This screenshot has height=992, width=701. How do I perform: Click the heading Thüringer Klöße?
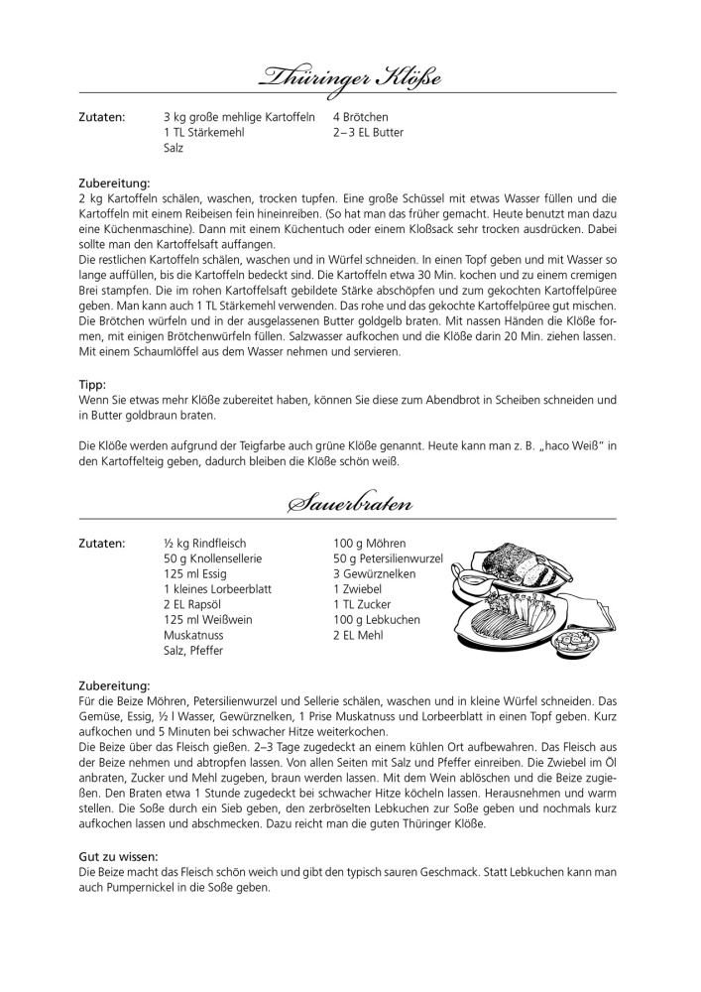tap(350, 76)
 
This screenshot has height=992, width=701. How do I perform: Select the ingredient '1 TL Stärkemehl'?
tap(203, 132)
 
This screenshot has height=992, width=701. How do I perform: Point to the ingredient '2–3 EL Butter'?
tap(368, 132)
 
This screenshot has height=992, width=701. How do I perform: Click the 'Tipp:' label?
tap(92, 384)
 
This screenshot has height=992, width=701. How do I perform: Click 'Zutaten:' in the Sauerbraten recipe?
tap(101, 544)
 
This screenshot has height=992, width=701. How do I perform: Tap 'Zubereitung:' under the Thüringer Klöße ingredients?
tap(114, 183)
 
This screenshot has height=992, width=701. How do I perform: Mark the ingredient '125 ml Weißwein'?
tap(208, 620)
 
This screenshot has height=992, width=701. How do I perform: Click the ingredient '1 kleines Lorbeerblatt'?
tap(217, 589)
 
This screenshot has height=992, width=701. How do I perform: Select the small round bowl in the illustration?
tap(572, 645)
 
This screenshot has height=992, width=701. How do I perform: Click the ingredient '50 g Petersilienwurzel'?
tap(388, 558)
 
